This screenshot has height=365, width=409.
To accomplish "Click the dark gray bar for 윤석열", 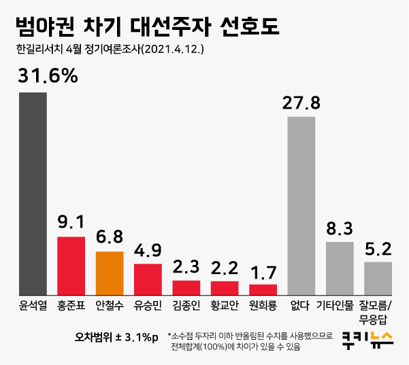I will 33,192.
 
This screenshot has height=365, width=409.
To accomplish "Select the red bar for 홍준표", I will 71,264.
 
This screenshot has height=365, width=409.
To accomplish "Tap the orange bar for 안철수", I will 110,271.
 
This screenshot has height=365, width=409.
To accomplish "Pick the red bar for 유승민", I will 148,277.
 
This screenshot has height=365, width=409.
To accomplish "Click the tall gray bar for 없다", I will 301,204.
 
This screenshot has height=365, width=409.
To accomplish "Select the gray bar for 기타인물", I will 340,266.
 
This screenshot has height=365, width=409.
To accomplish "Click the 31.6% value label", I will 48,76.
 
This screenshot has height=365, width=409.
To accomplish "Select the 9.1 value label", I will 71,222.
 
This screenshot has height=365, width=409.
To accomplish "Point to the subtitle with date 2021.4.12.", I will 108,50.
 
